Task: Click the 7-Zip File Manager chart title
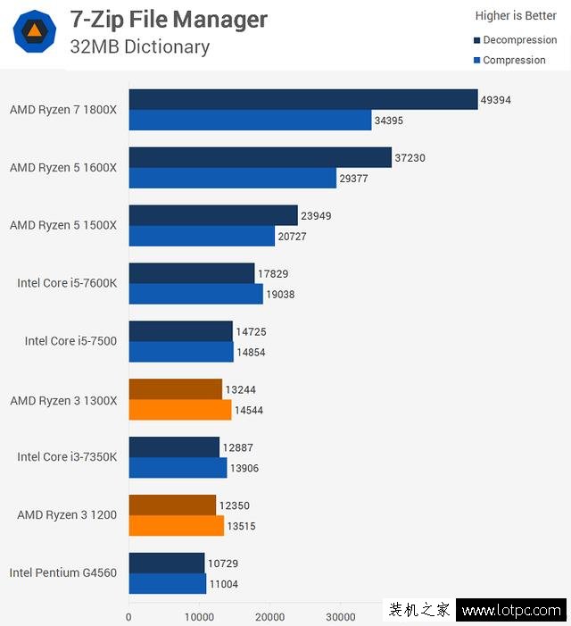pos(169,19)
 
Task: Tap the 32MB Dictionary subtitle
pos(140,46)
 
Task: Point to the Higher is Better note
pos(516,15)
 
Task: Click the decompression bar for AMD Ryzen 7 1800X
pos(303,99)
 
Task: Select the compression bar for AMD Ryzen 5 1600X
pos(232,178)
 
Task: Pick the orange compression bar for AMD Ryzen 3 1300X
pos(180,410)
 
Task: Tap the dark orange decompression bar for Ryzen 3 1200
pos(172,505)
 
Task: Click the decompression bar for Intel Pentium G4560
pos(167,563)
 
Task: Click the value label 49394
pos(496,100)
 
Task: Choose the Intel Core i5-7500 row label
pos(70,340)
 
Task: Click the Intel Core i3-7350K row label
pos(67,456)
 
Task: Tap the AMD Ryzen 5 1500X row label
pos(63,225)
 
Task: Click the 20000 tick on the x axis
pos(269,616)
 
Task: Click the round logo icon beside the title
pos(35,33)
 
